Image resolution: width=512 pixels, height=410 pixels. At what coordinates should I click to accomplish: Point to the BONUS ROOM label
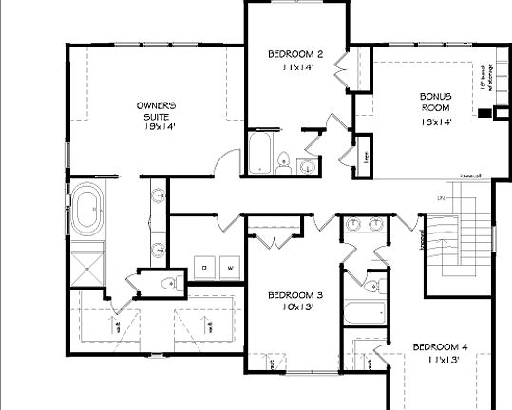coord(436,102)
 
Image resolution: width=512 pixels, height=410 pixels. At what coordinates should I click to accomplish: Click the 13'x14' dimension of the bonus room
coord(436,121)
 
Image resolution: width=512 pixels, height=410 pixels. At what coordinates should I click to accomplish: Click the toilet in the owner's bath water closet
coord(168,283)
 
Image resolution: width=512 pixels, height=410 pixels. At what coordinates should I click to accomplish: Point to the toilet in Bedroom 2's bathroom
coord(285,160)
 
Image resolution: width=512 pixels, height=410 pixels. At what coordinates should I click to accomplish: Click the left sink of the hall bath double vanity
coord(354,224)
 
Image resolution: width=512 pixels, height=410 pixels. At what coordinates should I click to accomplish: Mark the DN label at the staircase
coord(441,197)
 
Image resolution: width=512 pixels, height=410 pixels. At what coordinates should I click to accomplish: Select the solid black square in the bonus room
coord(484,112)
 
